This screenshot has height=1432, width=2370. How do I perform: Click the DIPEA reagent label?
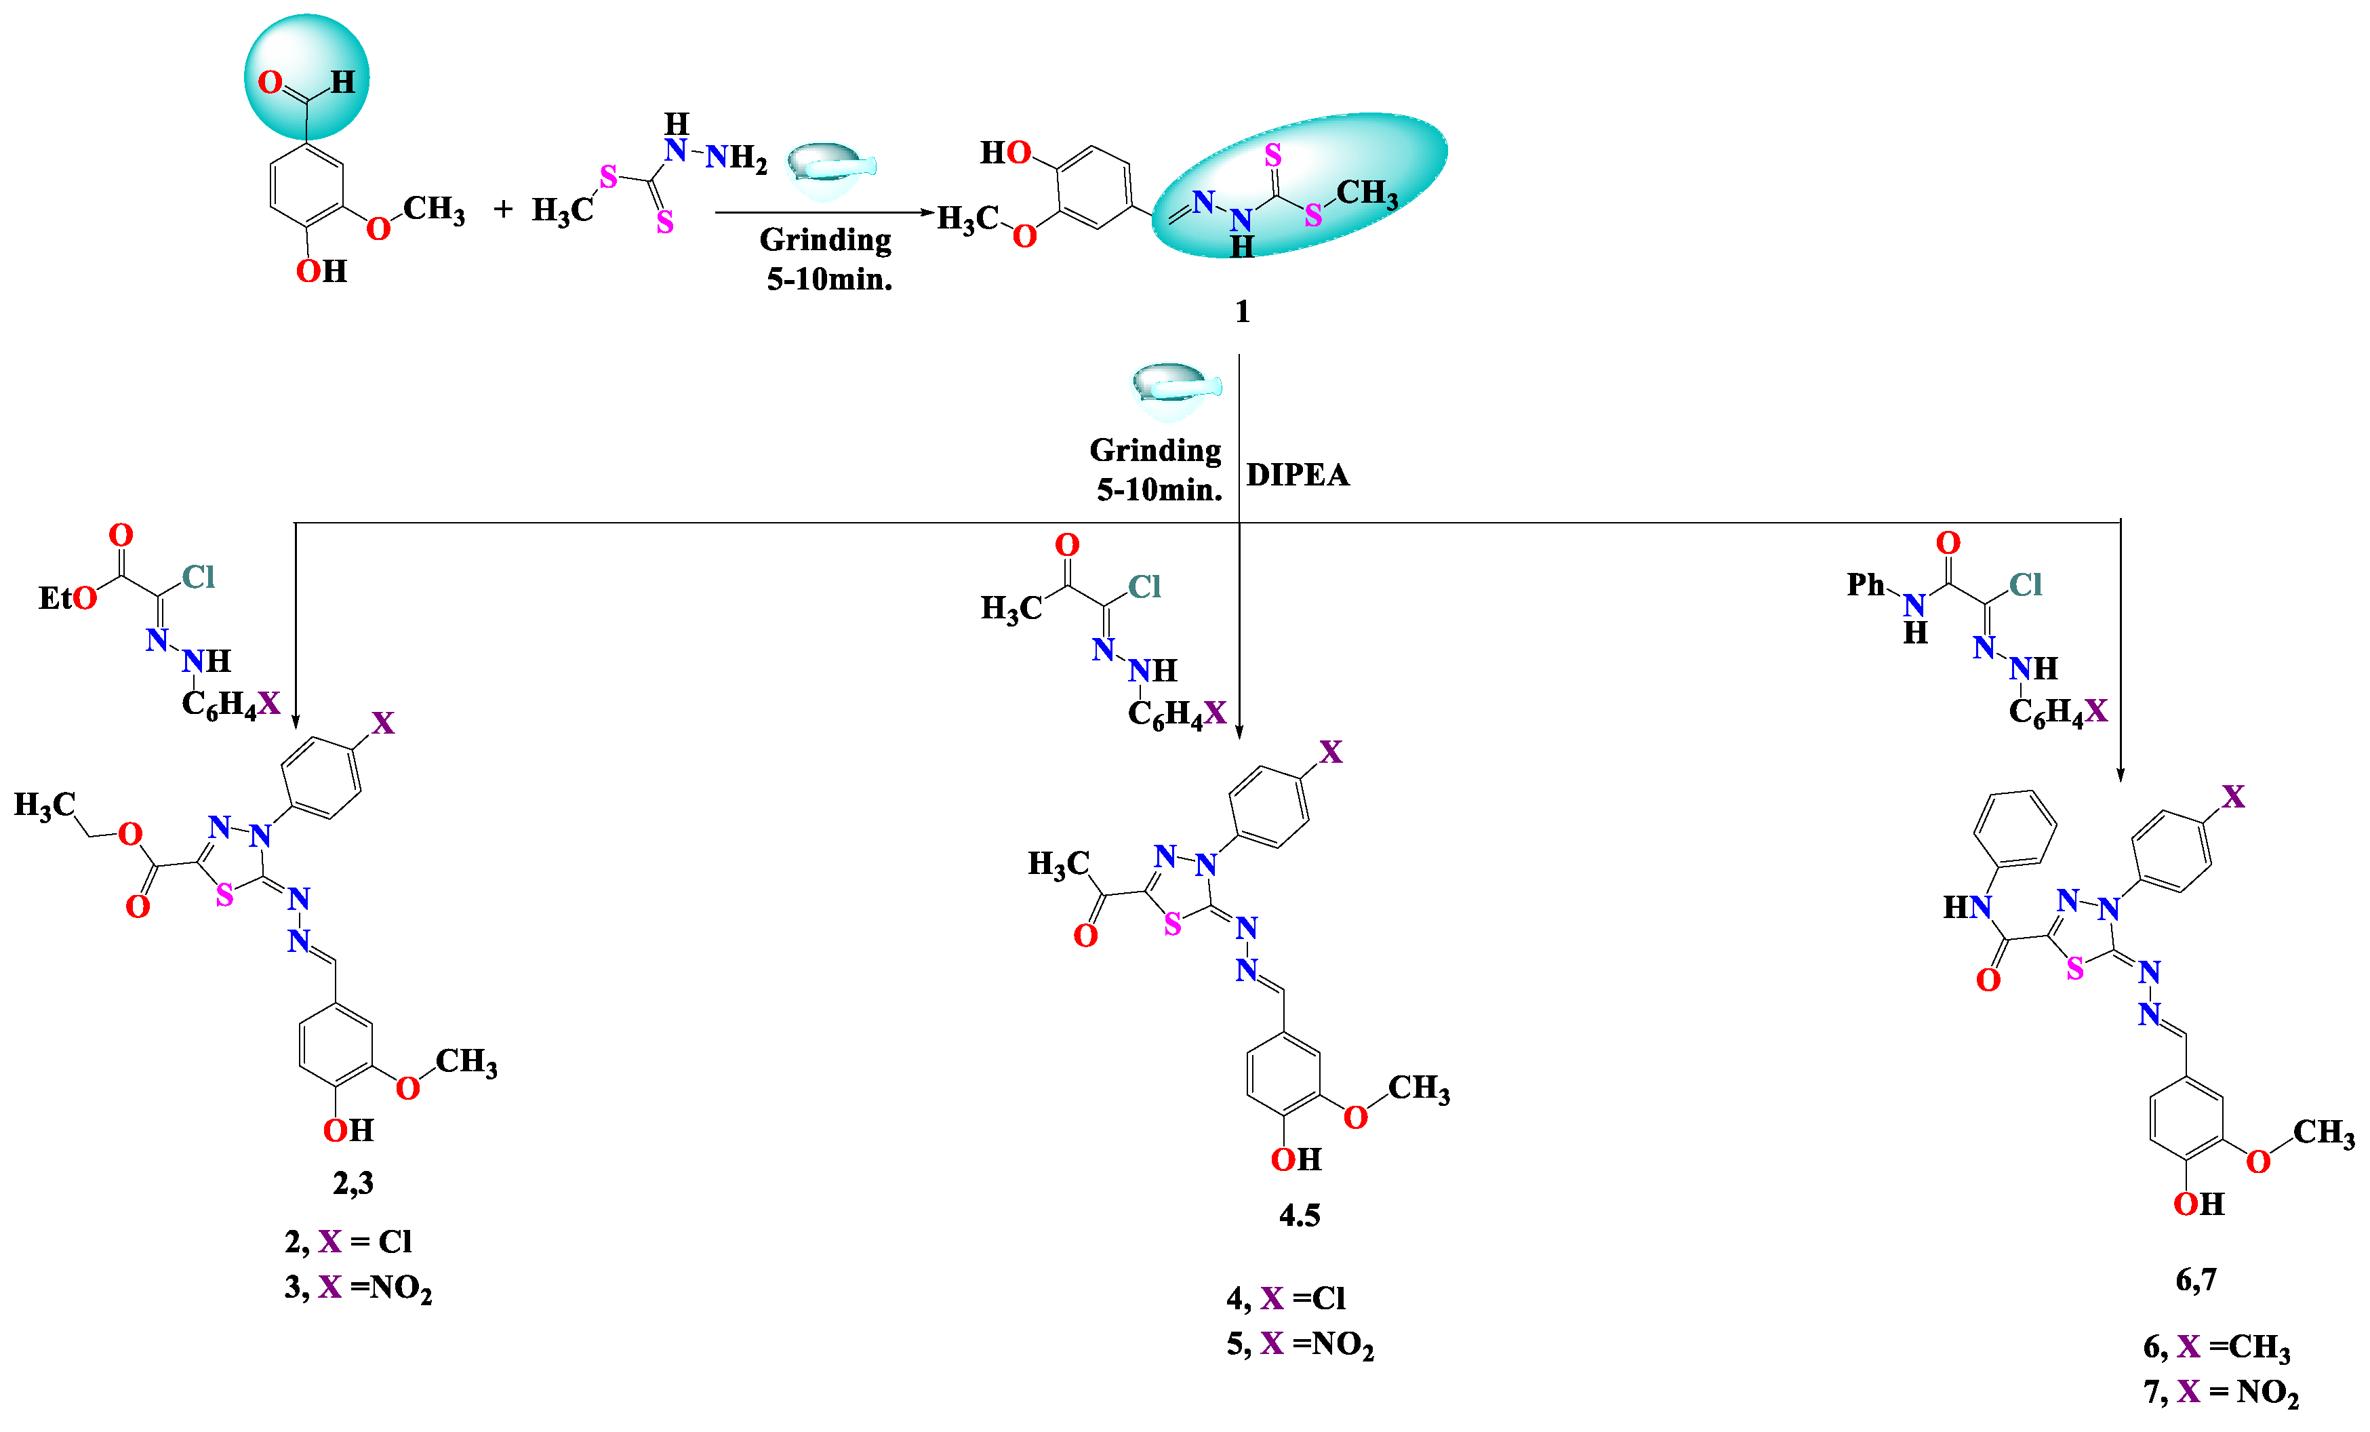1297,475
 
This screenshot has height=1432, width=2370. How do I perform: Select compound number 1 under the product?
1242,312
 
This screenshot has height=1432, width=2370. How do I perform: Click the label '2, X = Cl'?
348,1241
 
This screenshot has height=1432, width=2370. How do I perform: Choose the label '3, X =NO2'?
358,1288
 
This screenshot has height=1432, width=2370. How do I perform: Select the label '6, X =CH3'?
2216,1347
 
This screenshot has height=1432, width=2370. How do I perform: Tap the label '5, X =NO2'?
1300,1345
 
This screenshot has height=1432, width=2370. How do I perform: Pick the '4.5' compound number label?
1298,1216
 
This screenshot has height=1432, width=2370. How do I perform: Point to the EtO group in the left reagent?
67,598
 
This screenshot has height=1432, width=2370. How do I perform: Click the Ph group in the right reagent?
1865,584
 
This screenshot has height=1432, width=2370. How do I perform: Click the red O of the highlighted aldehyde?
270,82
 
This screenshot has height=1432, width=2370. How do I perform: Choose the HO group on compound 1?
1005,152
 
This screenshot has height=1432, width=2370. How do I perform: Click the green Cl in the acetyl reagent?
1144,586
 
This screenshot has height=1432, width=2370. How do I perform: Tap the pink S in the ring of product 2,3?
225,896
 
